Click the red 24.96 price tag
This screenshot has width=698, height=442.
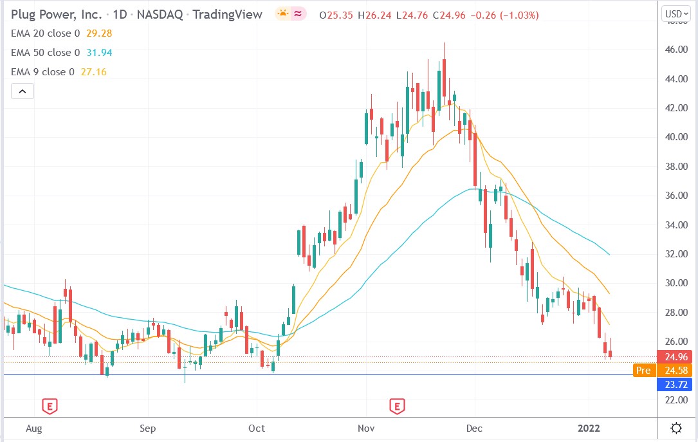(x=674, y=357)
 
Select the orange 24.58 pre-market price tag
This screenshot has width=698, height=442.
(x=674, y=371)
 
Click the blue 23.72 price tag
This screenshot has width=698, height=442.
(x=674, y=385)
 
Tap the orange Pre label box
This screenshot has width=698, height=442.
(x=643, y=371)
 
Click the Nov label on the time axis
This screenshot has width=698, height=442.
(x=366, y=428)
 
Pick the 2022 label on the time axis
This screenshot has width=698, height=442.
(x=588, y=428)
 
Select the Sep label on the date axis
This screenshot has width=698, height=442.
(x=148, y=428)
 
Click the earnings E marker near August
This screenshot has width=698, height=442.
(x=50, y=405)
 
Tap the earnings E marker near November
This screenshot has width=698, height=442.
(x=397, y=405)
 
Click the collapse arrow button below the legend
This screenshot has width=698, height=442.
(x=22, y=91)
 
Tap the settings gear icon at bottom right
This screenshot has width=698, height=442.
(x=677, y=428)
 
